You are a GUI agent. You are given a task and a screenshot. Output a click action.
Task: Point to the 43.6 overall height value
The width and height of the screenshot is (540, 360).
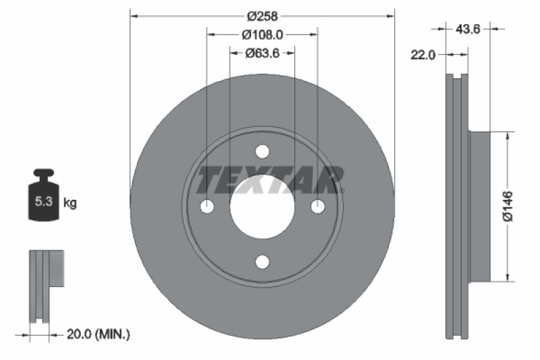468,29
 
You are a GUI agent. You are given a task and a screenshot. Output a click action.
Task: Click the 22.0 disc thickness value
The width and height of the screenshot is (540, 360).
423,55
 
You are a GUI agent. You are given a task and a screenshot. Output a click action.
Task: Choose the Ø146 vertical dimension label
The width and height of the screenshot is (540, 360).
508,206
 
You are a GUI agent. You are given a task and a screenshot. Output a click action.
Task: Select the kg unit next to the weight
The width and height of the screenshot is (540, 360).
69,202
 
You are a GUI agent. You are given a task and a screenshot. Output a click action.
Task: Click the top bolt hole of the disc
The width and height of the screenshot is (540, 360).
263,151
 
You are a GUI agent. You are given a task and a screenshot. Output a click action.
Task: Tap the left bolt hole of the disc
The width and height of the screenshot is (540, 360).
207,206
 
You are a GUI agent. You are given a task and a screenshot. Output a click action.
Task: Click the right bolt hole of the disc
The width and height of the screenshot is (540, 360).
318,206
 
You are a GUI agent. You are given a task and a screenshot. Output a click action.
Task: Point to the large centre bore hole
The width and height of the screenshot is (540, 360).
263,206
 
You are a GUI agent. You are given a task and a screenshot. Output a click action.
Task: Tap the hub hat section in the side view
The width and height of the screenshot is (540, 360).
478,206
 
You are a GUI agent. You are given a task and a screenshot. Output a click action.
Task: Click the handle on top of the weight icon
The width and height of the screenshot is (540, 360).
44,174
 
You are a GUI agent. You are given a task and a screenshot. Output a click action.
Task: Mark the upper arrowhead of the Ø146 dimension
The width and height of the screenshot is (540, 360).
508,136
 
